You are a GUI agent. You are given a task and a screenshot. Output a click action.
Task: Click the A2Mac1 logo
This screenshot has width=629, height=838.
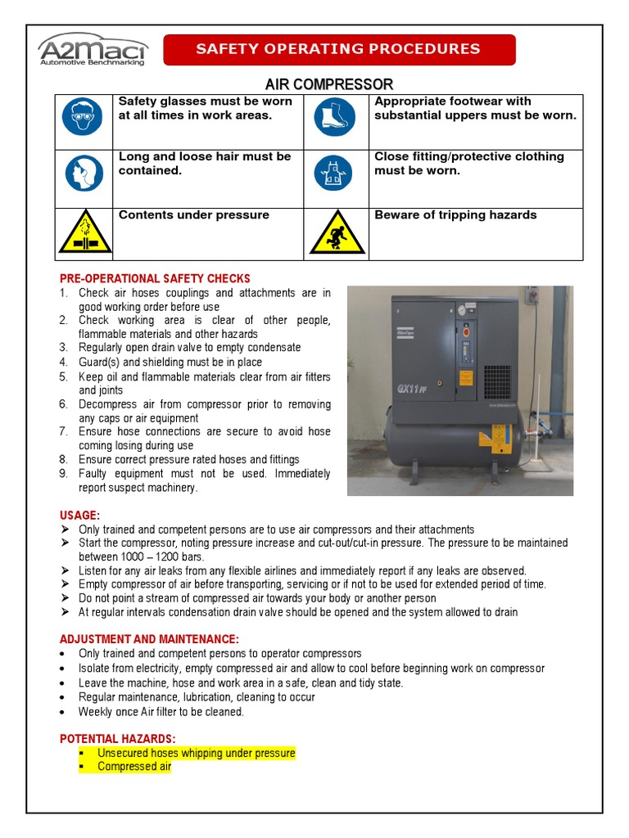point(93,49)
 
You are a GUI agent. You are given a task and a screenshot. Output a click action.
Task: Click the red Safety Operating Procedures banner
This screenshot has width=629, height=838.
point(339,49)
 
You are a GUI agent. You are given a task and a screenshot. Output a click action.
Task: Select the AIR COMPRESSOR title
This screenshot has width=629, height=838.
point(328,84)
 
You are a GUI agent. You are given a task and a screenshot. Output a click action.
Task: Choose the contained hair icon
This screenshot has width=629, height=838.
point(83,173)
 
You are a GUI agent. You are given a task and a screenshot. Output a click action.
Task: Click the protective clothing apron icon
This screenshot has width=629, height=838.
point(333,173)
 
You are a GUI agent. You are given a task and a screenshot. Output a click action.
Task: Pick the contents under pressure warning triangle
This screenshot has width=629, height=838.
point(83,233)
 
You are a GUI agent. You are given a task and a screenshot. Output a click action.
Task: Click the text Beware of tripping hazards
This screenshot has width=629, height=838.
point(455,215)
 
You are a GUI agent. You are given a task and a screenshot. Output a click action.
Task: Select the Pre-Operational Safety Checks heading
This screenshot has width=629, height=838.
point(155,279)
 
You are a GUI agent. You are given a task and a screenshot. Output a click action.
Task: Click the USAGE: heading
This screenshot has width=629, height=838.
point(79,515)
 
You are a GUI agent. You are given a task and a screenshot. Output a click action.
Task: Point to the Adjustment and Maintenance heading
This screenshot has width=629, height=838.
point(149,638)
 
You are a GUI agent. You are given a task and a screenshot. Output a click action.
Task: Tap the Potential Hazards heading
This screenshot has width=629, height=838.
point(117,739)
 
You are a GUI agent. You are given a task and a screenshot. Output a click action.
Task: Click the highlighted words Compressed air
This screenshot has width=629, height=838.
point(133,767)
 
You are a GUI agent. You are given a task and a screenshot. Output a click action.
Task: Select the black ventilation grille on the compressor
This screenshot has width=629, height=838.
point(496,381)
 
